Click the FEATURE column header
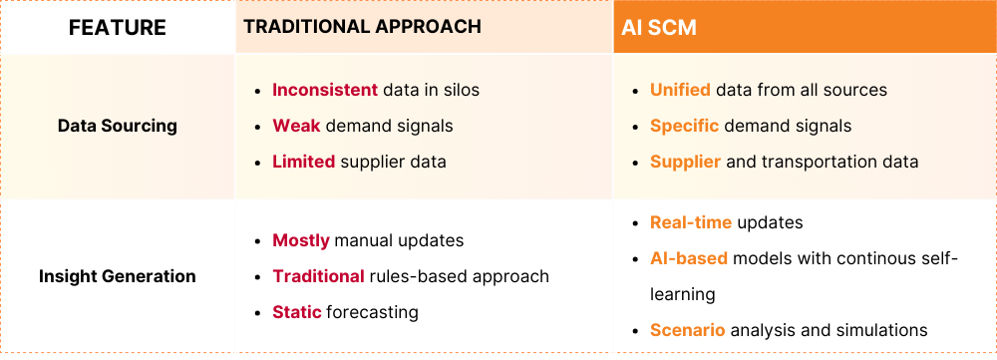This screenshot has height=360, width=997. tap(118, 27)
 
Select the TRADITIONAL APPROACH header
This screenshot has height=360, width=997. tap(363, 26)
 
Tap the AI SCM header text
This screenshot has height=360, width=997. tap(659, 27)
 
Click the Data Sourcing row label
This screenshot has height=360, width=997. tap(118, 126)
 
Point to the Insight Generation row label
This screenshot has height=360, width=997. tap(118, 276)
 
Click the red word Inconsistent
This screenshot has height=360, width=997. tap(325, 90)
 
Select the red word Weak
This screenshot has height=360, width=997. tap(296, 126)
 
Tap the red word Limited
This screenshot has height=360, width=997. tap(304, 162)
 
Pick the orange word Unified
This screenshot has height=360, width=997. tap(680, 90)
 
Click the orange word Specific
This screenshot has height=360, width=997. tap(684, 126)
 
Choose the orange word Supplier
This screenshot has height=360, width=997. tap(686, 163)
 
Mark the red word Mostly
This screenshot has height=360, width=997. tap(301, 241)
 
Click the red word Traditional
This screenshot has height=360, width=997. tap(318, 276)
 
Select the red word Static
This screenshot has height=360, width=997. tap(297, 312)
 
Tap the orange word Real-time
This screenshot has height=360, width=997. tap(691, 222)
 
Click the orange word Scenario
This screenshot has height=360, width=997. tap(687, 331)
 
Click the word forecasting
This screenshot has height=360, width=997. tap(372, 313)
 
